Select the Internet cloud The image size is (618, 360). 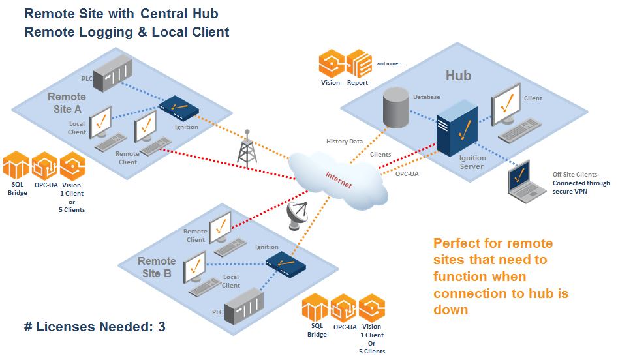point(333,177)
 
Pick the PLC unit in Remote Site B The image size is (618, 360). point(243,306)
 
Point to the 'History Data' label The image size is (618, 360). point(345,141)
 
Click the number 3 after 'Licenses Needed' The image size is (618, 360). point(161,327)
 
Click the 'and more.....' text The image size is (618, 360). point(391,63)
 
